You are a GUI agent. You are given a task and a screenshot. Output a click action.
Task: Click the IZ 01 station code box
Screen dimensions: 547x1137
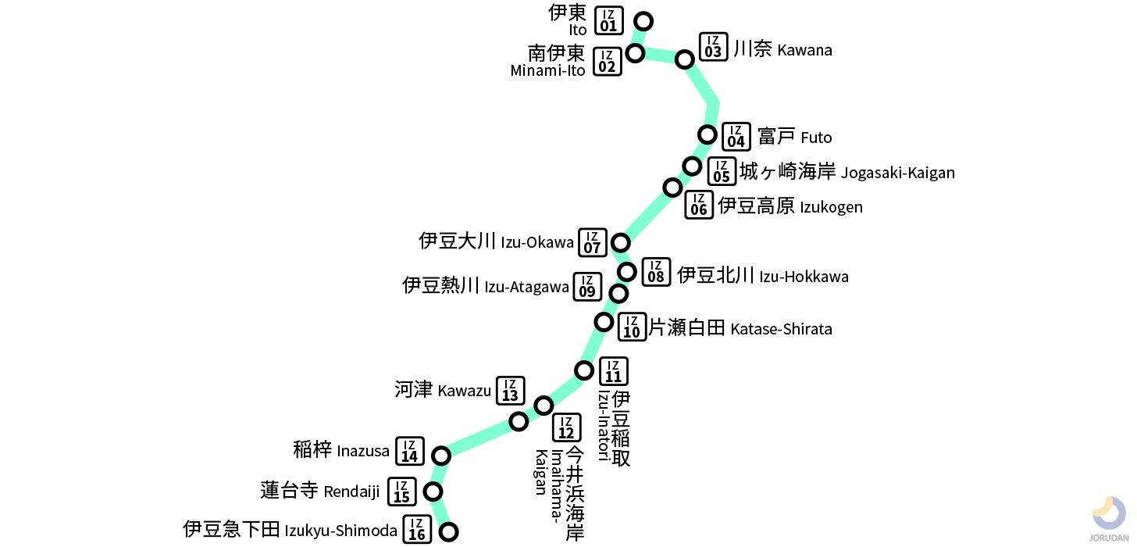point(609,21)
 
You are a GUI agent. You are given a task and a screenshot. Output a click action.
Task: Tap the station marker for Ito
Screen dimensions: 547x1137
point(643,21)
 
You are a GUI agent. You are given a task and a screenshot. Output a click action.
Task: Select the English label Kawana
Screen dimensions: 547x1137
point(804,51)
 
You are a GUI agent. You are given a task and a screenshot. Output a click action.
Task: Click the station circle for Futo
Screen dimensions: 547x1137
point(707,134)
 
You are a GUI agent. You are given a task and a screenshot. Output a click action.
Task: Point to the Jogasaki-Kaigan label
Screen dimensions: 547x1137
point(897,173)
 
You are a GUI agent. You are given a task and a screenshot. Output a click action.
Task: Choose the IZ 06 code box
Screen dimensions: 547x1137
point(699,205)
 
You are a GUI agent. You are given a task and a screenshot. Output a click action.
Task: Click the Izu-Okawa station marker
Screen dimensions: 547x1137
point(620,242)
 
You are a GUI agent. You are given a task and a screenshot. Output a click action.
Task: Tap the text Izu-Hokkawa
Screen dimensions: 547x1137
point(804,277)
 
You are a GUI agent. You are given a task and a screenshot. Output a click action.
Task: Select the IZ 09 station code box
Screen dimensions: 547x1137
point(587,287)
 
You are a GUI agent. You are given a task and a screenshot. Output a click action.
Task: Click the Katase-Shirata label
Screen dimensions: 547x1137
point(781,329)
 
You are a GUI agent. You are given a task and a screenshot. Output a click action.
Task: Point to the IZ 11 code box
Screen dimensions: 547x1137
point(614,370)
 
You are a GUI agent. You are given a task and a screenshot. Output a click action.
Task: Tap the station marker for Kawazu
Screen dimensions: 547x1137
point(519,422)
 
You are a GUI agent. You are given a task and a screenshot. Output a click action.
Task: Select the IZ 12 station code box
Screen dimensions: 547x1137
point(567,427)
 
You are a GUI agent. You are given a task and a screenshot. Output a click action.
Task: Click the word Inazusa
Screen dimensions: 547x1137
point(362,451)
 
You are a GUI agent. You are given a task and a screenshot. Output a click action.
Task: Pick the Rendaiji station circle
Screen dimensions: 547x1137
point(433,492)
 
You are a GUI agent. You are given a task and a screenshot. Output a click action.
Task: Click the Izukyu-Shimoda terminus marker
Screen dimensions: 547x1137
point(448,532)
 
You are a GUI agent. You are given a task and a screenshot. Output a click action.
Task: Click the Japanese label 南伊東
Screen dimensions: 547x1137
point(556,53)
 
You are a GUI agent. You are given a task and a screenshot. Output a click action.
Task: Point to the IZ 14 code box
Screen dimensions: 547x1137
point(410,451)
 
